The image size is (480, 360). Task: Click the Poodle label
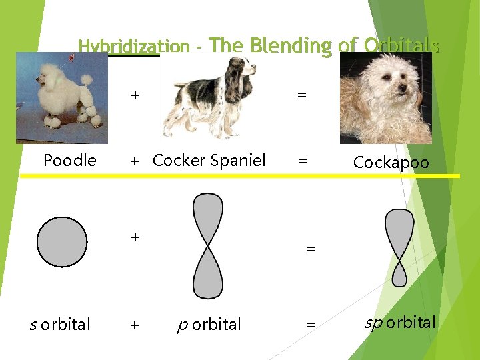(69, 161)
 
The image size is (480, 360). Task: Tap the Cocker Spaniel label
(209, 161)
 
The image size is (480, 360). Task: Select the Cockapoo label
(391, 163)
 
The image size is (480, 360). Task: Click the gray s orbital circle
(62, 242)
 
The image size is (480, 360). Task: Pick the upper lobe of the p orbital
(207, 217)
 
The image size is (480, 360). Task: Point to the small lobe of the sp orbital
(399, 274)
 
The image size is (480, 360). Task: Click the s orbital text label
(61, 325)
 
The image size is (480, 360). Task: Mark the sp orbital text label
(400, 323)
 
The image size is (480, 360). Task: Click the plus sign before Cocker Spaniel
(135, 161)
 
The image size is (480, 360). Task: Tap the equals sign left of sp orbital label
(309, 325)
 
